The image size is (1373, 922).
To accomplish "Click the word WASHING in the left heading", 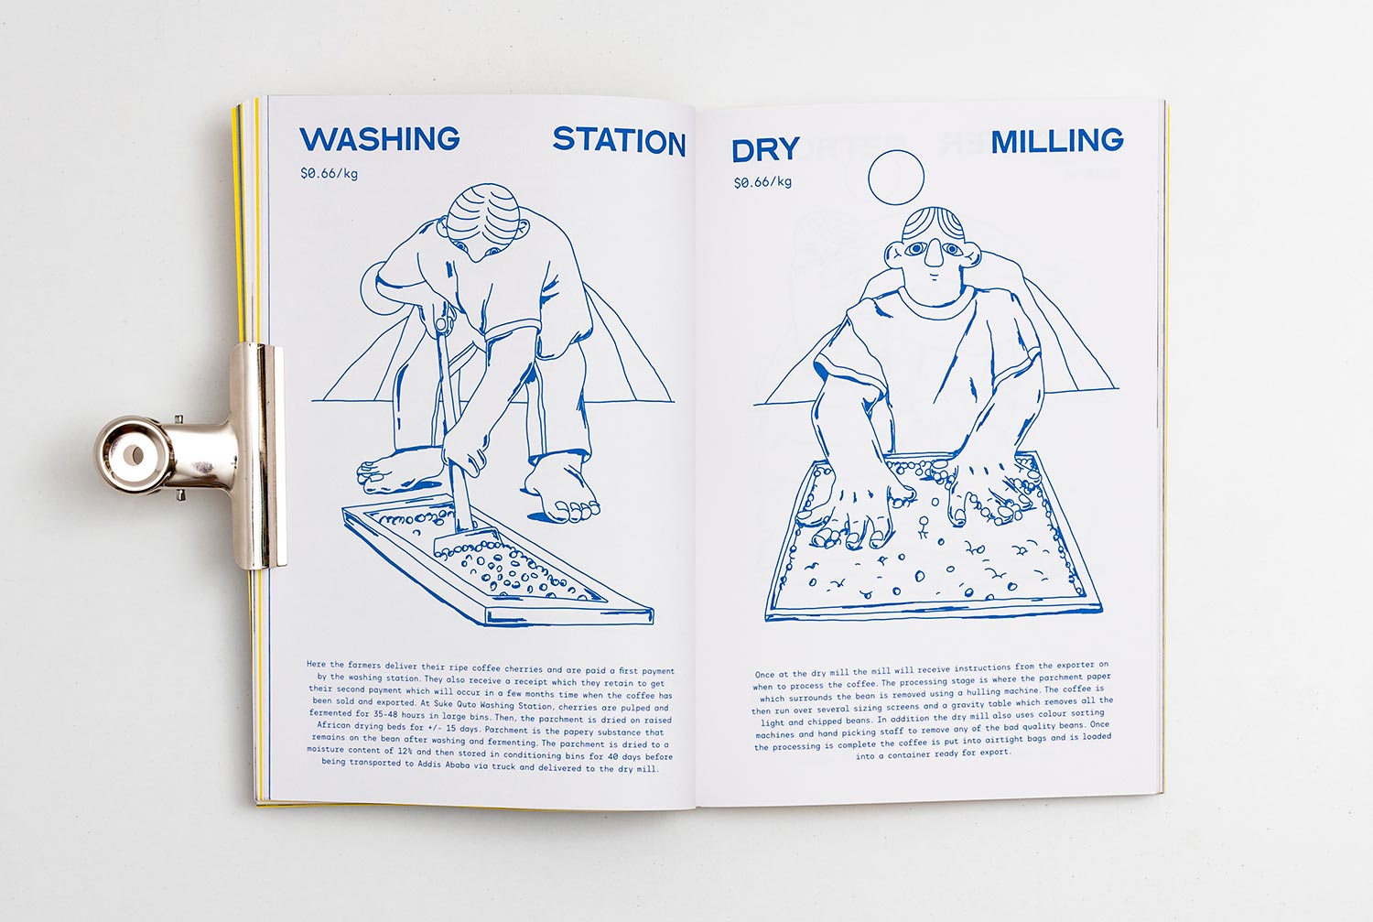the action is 380,139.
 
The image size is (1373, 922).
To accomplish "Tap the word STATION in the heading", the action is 619,142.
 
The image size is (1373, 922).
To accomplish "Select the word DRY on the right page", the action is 765,150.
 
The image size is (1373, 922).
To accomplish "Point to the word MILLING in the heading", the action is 1056,142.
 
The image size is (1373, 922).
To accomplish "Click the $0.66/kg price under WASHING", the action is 330,173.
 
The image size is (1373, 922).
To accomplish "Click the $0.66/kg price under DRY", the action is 762,182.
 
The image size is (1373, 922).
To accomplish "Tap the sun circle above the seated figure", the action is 895,177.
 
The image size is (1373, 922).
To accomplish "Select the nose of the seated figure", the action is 933,252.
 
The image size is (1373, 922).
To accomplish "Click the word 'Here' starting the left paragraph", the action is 317,664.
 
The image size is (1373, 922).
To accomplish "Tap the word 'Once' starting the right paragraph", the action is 764,675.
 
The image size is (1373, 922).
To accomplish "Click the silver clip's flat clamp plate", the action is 257,457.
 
